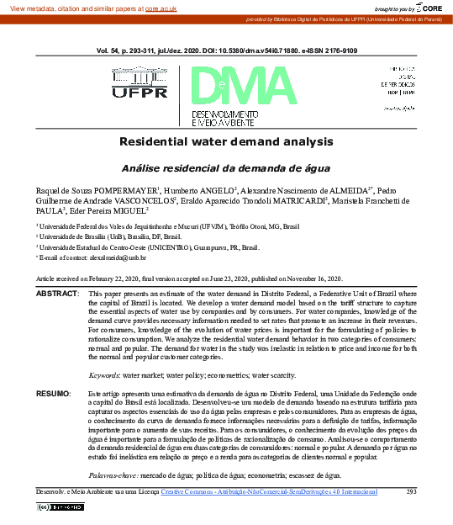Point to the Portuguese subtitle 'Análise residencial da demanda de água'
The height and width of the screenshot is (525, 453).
point(226,167)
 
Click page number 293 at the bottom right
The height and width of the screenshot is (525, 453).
point(411,491)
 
